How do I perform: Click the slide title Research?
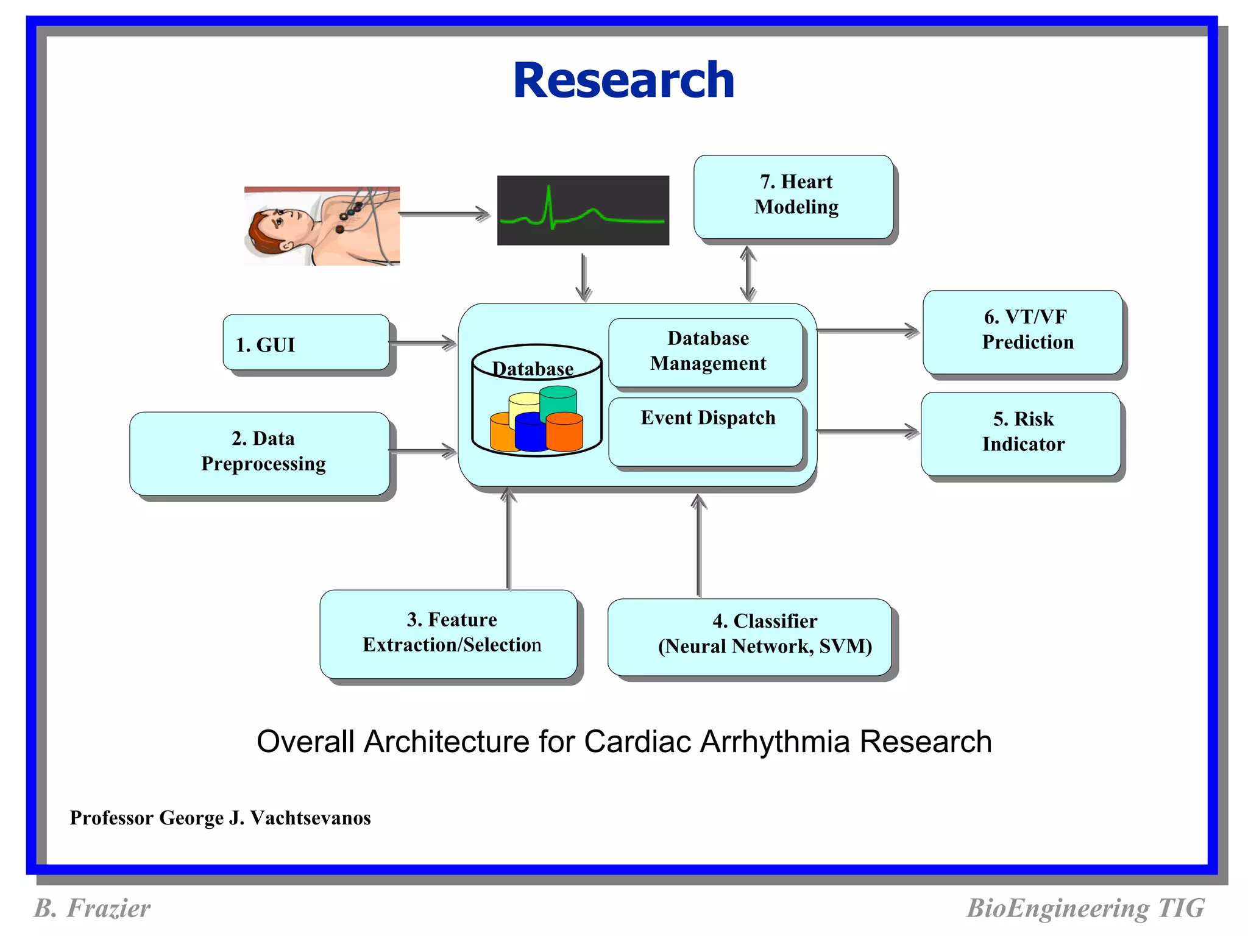(623, 80)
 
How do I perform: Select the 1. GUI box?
(306, 343)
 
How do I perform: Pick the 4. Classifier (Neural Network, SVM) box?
(750, 636)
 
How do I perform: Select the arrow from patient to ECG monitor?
(444, 214)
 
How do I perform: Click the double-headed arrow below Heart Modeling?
(748, 274)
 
